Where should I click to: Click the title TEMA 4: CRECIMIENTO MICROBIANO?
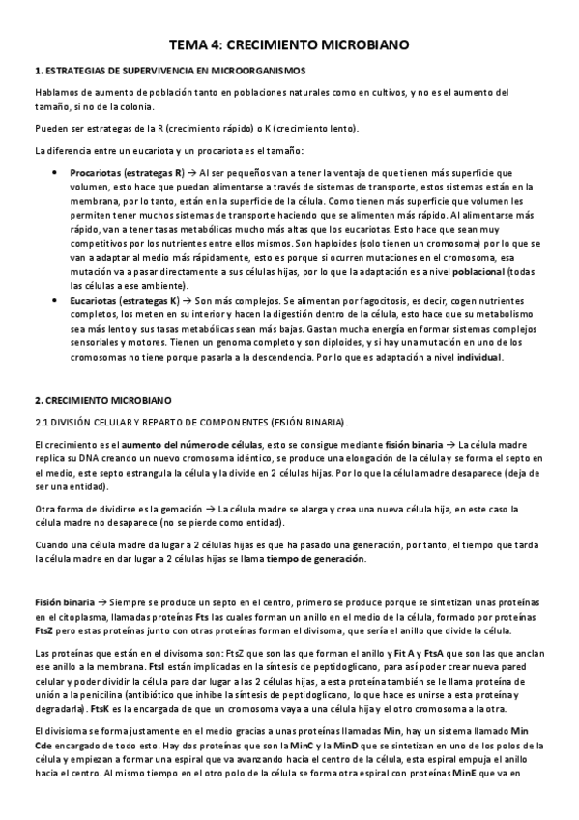[289, 44]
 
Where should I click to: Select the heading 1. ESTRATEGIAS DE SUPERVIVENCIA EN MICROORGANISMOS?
[169, 71]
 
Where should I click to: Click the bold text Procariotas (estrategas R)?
[127, 172]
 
